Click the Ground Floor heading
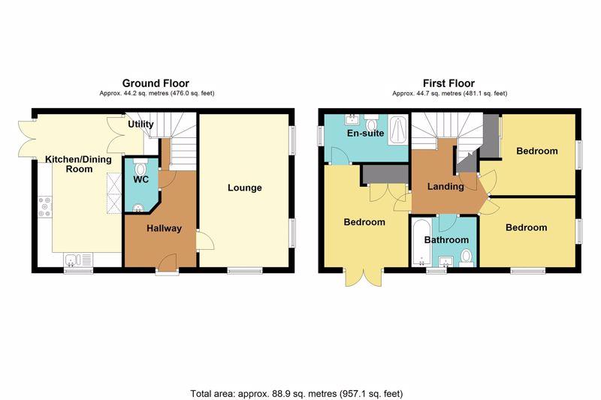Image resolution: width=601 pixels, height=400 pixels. pyautogui.click(x=156, y=83)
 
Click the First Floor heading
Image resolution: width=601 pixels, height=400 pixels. pyautogui.click(x=448, y=83)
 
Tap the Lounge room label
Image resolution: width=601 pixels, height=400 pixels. pyautogui.click(x=245, y=188)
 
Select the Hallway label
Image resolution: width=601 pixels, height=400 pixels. pyautogui.click(x=164, y=228)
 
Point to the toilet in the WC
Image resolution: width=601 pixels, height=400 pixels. pyautogui.click(x=140, y=167)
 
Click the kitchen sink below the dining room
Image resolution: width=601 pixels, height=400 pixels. pyautogui.click(x=78, y=260)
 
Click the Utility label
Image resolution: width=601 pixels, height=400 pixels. pyautogui.click(x=140, y=124)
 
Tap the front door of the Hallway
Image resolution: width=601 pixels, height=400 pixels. pyautogui.click(x=167, y=264)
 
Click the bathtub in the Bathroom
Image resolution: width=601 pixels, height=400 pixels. pyautogui.click(x=421, y=242)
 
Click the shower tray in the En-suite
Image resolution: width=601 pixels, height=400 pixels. pyautogui.click(x=398, y=130)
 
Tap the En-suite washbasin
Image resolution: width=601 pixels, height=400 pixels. pyautogui.click(x=352, y=119)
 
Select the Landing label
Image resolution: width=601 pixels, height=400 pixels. pyautogui.click(x=445, y=186)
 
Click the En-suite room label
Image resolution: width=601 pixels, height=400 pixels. pyautogui.click(x=365, y=133)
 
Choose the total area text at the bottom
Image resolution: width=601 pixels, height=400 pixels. pyautogui.click(x=297, y=393)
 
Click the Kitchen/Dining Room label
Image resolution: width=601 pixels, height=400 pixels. pyautogui.click(x=79, y=164)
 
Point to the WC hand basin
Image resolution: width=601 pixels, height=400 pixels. pyautogui.click(x=138, y=208)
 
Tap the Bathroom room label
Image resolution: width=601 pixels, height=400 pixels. pyautogui.click(x=446, y=240)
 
